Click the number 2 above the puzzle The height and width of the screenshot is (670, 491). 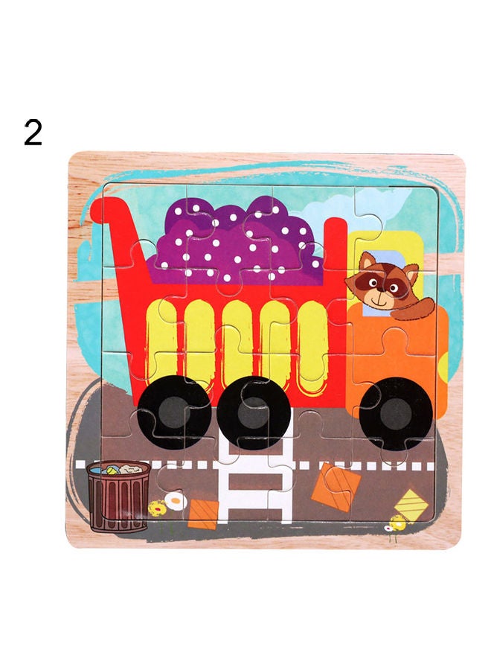pos(33,133)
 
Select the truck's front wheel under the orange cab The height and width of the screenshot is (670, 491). pos(396,414)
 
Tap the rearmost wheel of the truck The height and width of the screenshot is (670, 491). pos(175,412)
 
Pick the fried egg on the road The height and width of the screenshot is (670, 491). pos(176,501)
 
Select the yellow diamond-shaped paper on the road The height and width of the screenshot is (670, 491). pos(411,504)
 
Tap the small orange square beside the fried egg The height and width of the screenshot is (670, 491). pos(203,514)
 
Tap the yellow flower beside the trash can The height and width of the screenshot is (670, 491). pos(157,508)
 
